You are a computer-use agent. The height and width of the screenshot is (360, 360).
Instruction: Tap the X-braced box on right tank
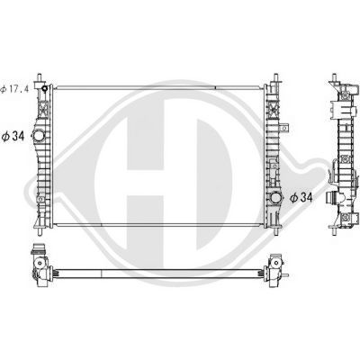pos(271,119)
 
